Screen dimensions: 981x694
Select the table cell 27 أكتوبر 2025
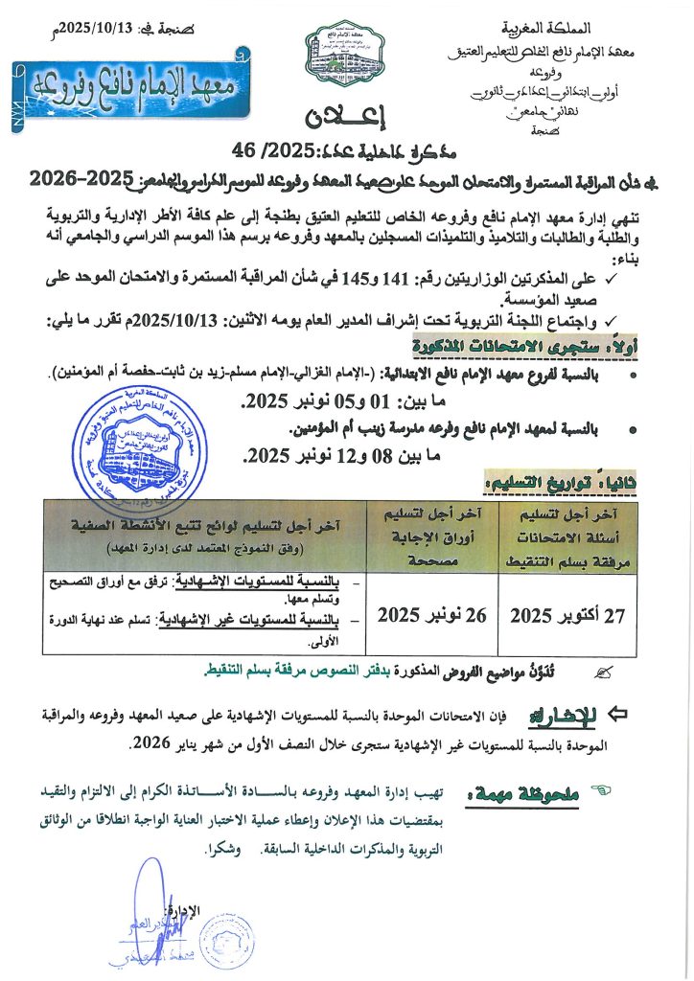click(x=567, y=616)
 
